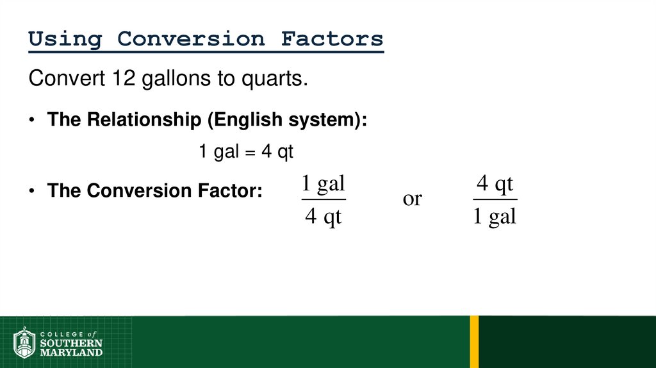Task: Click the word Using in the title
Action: point(65,39)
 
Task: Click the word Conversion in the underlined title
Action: point(191,39)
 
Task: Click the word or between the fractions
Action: point(412,199)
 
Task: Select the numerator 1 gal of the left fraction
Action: point(323,185)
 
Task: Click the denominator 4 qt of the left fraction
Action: point(323,217)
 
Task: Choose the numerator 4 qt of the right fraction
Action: point(495,185)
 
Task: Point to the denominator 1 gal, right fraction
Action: point(495,217)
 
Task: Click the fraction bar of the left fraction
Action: point(323,200)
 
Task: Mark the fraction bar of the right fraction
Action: point(495,200)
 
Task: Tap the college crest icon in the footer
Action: point(24,343)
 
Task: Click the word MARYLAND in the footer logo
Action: point(70,352)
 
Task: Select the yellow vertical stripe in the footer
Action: point(474,342)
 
